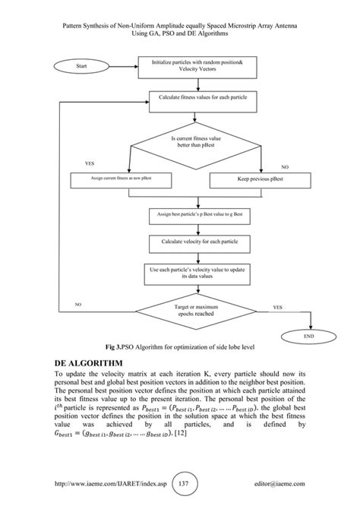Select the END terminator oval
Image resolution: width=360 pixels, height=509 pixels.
308,334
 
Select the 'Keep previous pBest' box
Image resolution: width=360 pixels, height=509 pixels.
261,180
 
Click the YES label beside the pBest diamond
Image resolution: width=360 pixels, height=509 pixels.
90,163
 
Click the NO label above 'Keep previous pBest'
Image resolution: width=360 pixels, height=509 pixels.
285,166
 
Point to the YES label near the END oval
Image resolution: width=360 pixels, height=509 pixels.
277,307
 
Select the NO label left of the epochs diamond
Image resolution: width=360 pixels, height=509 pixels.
77,304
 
